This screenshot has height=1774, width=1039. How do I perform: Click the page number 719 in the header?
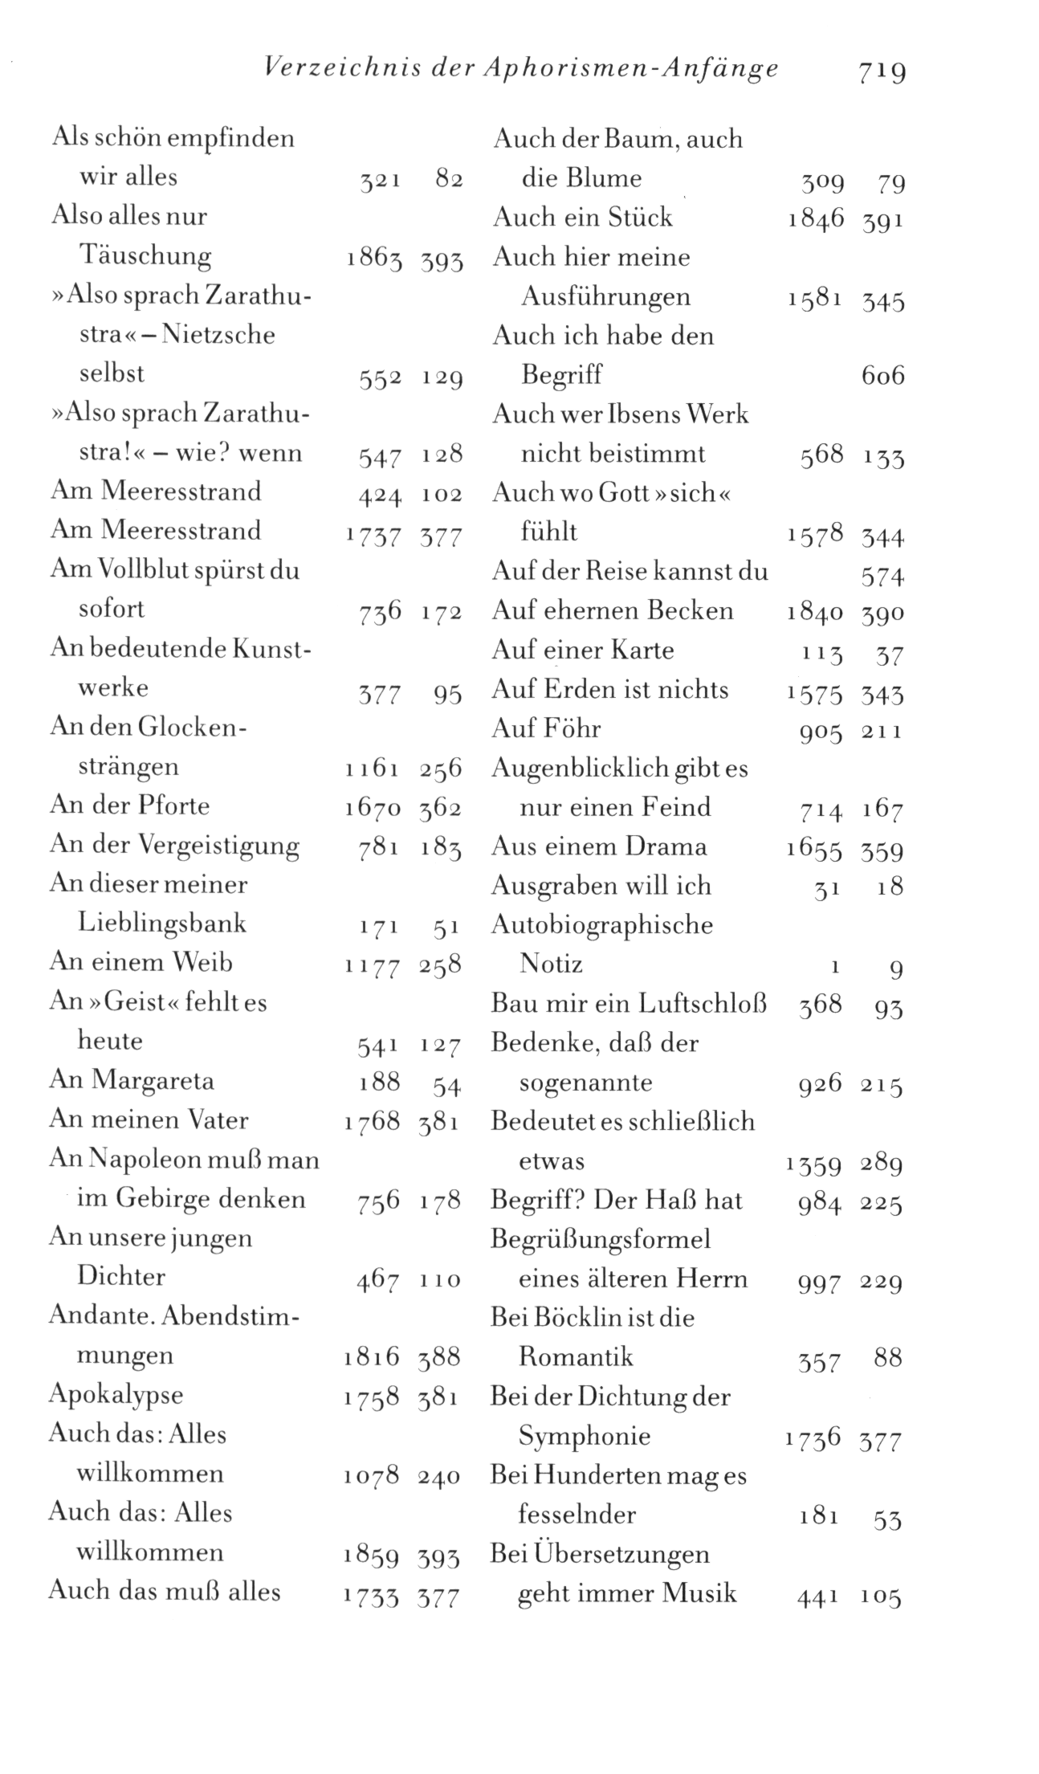pyautogui.click(x=881, y=71)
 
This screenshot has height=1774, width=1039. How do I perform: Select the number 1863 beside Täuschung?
pyautogui.click(x=374, y=259)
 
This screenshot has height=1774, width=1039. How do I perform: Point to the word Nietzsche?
pyautogui.click(x=218, y=334)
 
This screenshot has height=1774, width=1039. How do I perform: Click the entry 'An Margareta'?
pyautogui.click(x=132, y=1080)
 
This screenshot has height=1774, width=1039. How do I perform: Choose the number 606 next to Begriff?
pyautogui.click(x=882, y=376)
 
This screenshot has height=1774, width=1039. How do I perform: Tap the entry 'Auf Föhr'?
pyautogui.click(x=546, y=729)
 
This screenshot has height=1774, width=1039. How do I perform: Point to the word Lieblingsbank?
pyautogui.click(x=161, y=923)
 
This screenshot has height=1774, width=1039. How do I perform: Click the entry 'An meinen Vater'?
pyautogui.click(x=149, y=1119)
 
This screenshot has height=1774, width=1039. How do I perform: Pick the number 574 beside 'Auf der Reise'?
pyautogui.click(x=882, y=577)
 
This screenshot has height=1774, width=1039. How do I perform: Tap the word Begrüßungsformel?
pyautogui.click(x=601, y=1238)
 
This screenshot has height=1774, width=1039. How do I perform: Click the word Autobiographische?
pyautogui.click(x=602, y=924)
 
